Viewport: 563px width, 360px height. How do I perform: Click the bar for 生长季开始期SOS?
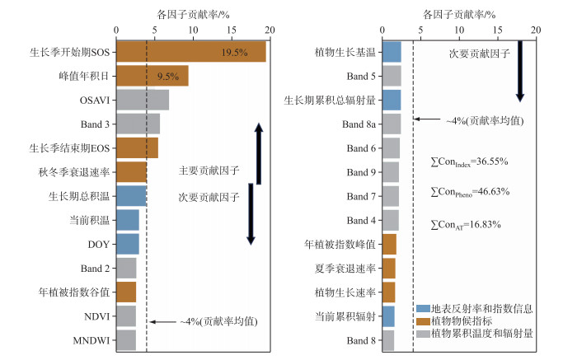[191, 52]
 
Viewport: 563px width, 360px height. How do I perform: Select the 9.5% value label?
[168, 76]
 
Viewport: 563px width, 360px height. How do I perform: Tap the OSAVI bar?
[143, 101]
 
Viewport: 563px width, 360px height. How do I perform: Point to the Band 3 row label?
[95, 124]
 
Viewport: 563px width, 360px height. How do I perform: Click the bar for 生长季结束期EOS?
[137, 148]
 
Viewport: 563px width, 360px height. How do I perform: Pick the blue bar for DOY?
[128, 244]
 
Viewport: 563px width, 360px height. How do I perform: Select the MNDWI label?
[91, 340]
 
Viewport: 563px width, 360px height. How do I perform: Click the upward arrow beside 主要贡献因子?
[259, 153]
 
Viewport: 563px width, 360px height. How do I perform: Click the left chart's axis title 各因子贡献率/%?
[193, 14]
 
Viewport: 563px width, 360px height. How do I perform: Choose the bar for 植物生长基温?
[392, 52]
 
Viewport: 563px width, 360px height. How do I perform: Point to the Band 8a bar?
[392, 124]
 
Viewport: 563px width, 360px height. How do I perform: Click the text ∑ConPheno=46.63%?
[470, 192]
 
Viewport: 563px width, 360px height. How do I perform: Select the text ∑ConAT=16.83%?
[466, 225]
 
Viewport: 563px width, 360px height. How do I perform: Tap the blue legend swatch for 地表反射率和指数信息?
[424, 309]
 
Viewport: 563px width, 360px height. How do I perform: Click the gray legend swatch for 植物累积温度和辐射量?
[424, 334]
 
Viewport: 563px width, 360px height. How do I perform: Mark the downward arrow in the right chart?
[520, 72]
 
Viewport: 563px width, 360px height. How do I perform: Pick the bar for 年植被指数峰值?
[390, 244]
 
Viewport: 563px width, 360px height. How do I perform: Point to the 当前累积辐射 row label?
[345, 316]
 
